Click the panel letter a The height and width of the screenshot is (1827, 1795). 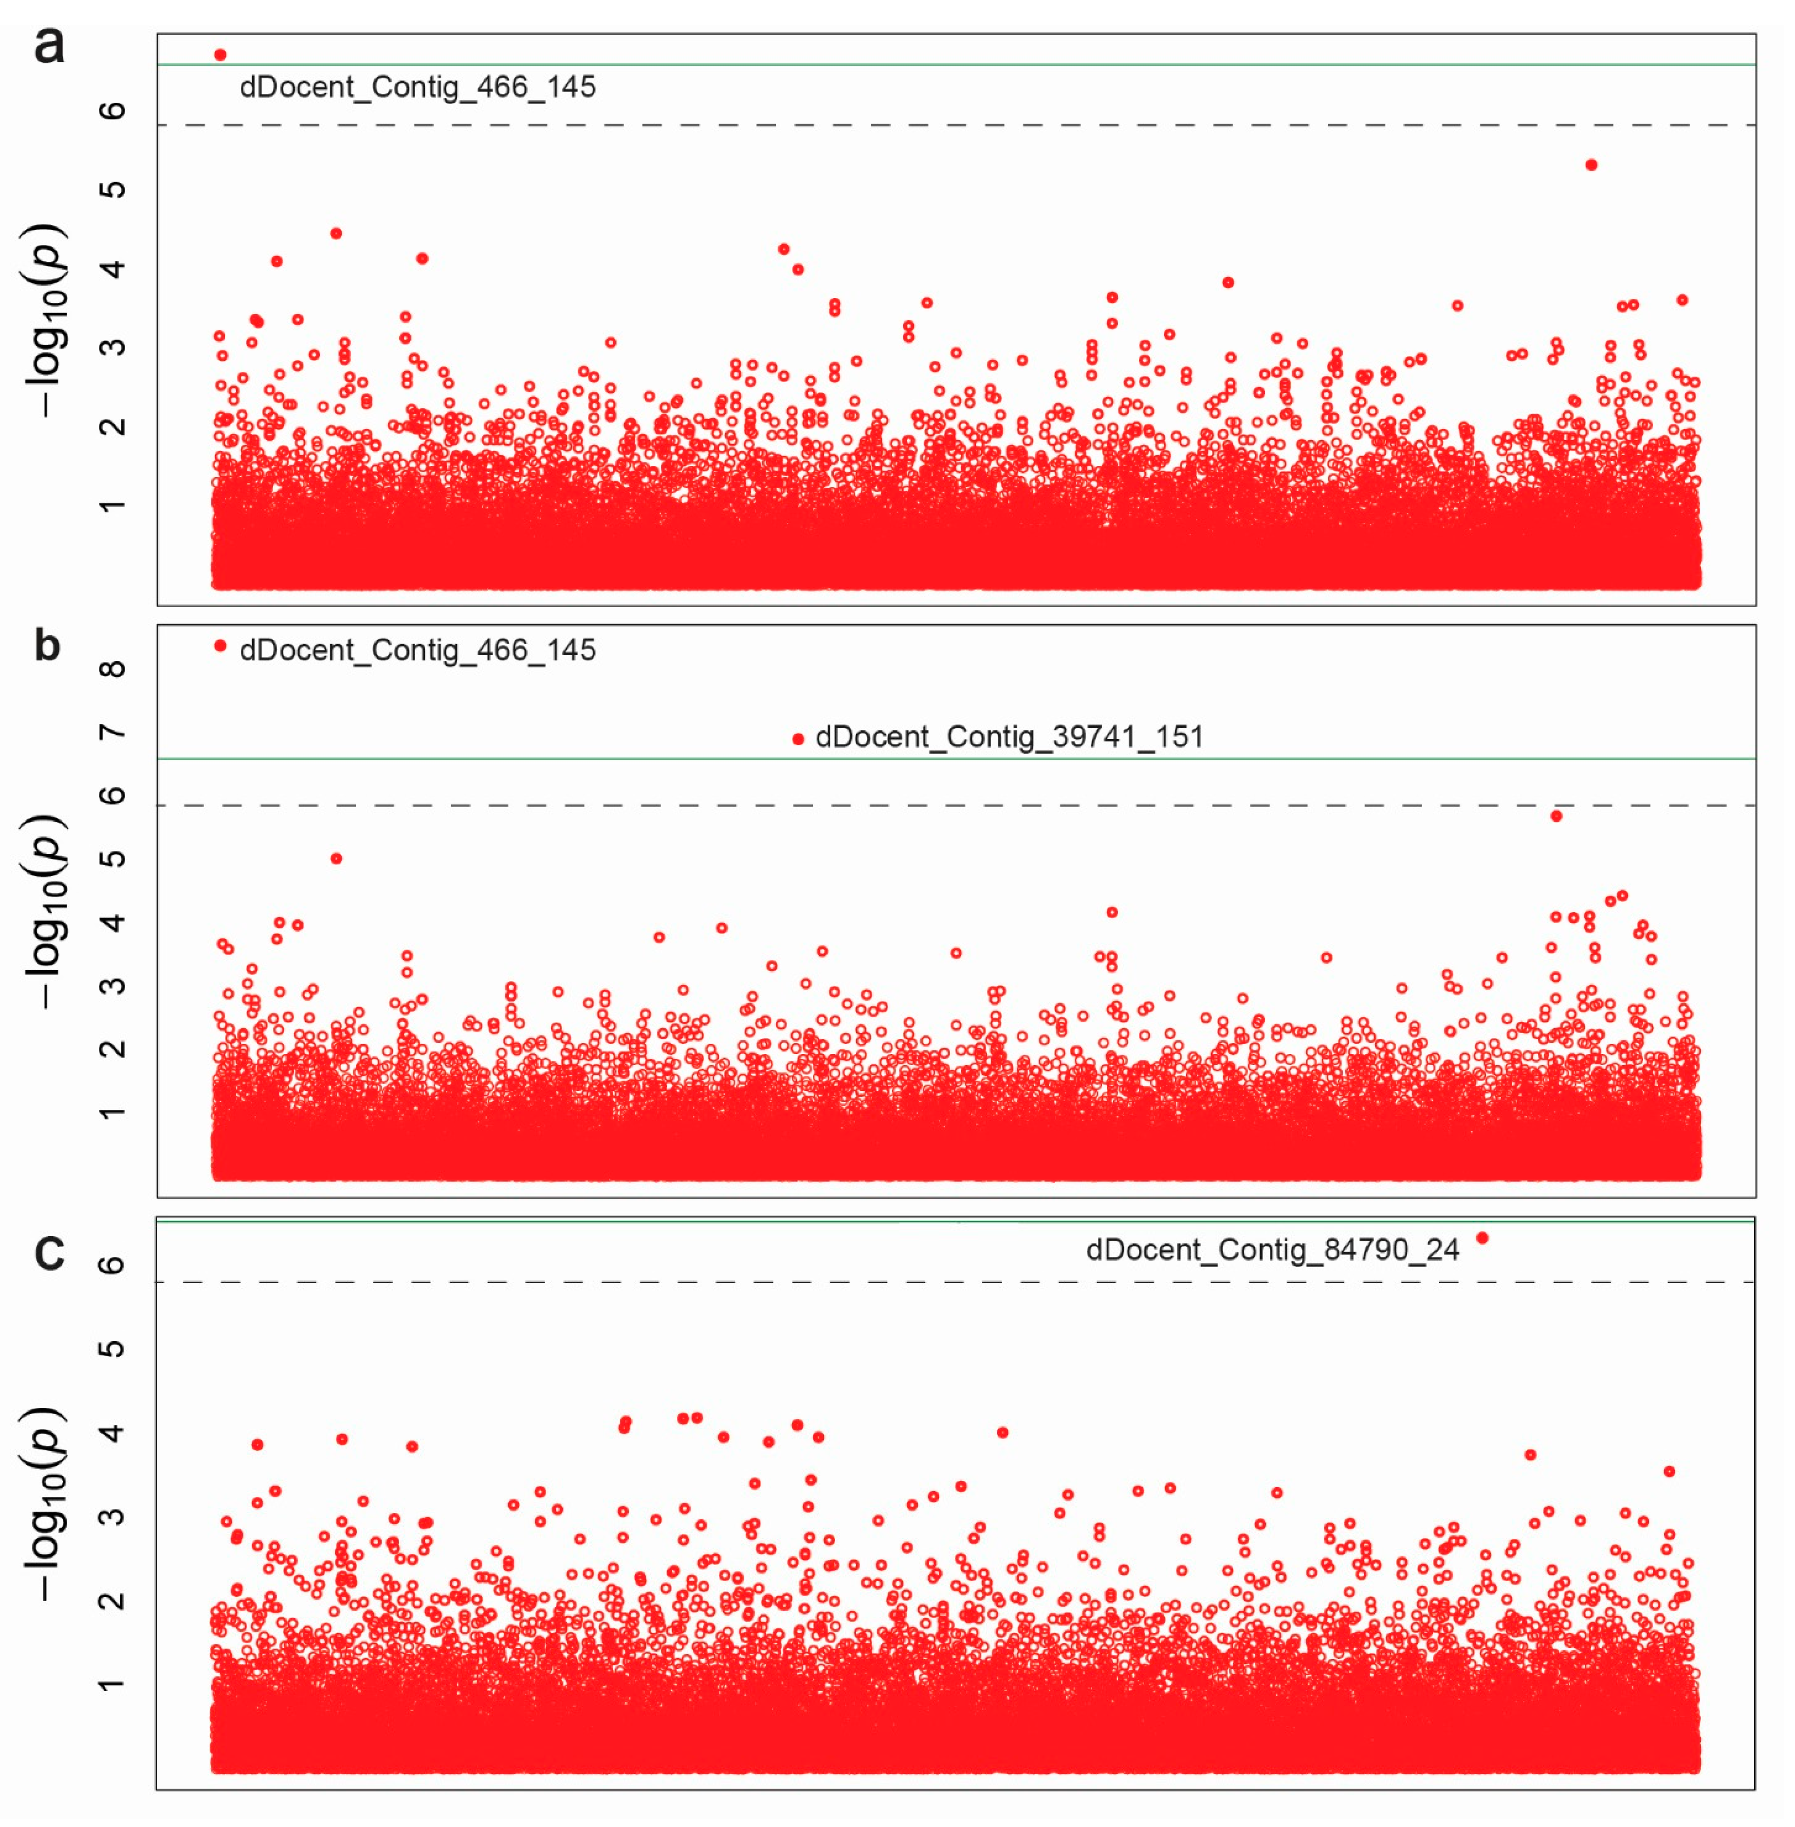49,45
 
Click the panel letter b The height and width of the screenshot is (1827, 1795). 47,646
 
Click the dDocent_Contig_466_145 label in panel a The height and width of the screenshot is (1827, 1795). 418,87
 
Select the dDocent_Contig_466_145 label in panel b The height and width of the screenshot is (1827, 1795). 418,649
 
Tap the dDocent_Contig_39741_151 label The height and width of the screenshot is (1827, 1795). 1009,736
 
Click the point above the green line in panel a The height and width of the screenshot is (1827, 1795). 220,55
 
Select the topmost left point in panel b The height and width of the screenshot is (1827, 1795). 220,646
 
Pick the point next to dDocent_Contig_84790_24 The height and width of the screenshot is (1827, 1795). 1482,1238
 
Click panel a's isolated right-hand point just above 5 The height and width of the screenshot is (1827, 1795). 1592,165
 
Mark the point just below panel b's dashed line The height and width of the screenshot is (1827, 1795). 1557,815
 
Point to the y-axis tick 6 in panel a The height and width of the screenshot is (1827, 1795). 111,111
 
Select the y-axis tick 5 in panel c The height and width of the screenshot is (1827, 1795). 111,1348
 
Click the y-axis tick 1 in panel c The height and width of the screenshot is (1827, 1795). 111,1684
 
